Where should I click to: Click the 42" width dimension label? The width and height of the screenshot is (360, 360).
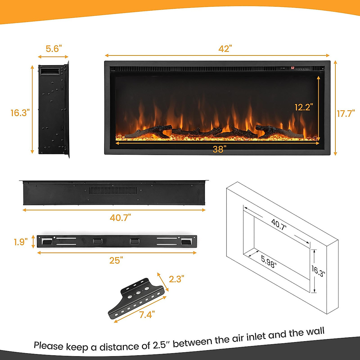point(225,49)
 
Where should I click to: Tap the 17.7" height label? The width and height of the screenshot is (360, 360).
point(346,113)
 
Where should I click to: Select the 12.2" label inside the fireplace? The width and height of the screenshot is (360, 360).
point(304,107)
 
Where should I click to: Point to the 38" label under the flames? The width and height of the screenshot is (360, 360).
point(218,149)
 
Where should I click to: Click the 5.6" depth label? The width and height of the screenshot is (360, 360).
point(54,49)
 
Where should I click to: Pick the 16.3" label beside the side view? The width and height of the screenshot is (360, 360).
point(20,113)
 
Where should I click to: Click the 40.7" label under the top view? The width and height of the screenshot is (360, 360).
point(120,217)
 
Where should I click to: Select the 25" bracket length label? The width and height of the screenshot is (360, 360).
point(116,260)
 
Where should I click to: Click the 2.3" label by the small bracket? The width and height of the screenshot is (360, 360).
point(176,279)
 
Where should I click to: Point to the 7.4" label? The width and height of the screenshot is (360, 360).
point(147,315)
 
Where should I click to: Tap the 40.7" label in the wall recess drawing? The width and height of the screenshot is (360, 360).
point(279,224)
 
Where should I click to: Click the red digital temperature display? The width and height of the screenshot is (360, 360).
point(292,68)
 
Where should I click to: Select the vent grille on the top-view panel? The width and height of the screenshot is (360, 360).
point(113,190)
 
